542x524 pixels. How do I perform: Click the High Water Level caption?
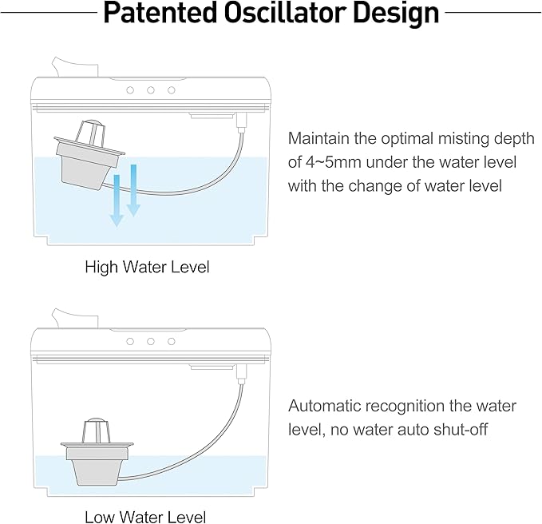(x=147, y=267)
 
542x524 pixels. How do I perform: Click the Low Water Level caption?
(x=145, y=517)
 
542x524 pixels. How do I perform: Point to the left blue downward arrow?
(x=117, y=200)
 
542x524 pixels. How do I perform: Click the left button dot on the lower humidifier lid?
(x=130, y=340)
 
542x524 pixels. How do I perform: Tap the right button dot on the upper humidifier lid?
(x=171, y=90)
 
